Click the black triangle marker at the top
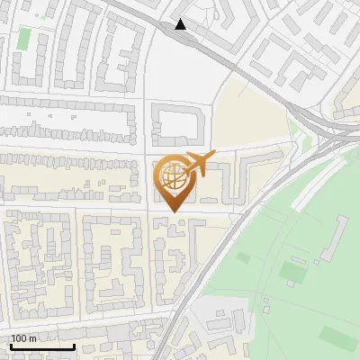click(x=181, y=24)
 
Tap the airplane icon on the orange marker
click(x=197, y=165)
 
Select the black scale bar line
click(x=42, y=346)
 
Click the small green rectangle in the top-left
click(x=23, y=39)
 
